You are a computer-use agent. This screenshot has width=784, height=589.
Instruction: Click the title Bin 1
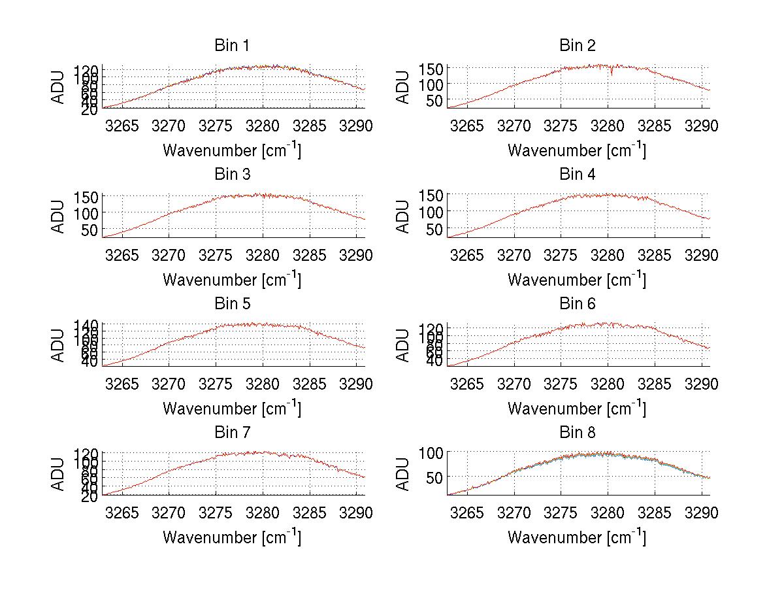point(231,46)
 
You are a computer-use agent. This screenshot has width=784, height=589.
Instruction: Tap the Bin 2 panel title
point(577,46)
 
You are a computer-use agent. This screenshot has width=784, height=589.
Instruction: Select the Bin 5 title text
point(231,304)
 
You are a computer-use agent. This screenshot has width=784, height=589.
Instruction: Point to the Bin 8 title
point(577,433)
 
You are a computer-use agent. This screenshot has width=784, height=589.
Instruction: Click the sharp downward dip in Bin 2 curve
point(612,74)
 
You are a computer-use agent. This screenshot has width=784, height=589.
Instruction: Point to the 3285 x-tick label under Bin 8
point(654,513)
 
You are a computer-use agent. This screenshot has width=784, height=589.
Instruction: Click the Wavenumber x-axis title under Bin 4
point(577,279)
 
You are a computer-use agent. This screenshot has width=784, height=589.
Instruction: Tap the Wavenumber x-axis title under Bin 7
point(231,537)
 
